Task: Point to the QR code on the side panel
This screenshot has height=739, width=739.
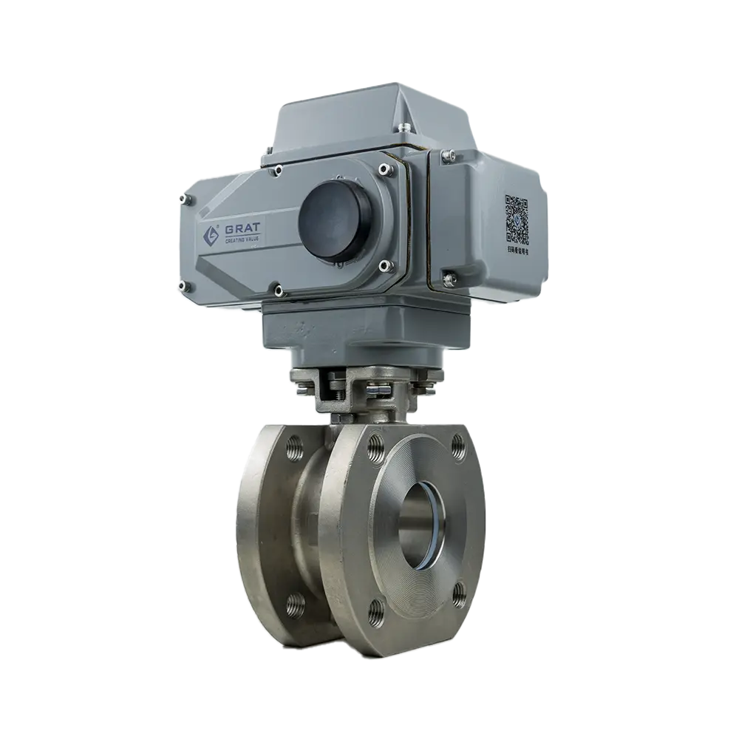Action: coord(517,218)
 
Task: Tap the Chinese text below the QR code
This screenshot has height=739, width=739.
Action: coord(517,251)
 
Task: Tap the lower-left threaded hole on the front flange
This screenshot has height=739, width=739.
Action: coord(377,610)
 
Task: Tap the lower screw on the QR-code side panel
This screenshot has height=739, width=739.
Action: coord(449,279)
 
